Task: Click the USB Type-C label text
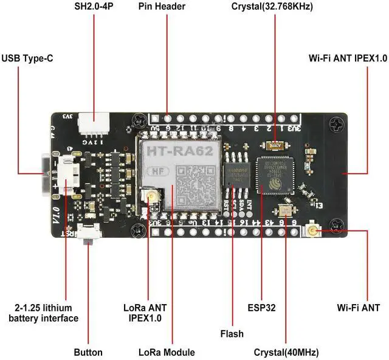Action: coord(27,58)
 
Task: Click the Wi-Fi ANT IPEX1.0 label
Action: coord(347,58)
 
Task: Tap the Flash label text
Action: coord(232,333)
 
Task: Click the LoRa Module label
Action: coord(167,352)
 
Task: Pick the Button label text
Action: coord(88,352)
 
